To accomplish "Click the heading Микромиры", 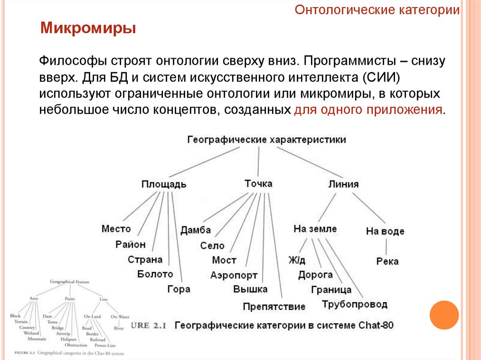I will pos(88,28).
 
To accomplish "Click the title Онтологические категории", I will pos(377,10).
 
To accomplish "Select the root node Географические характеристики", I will pos(267,140).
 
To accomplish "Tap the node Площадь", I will pos(164,184).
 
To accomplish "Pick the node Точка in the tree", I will pos(258,183).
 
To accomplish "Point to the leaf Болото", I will pos(155,274).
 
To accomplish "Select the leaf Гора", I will pos(178,289).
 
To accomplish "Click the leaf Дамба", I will pos(195,230).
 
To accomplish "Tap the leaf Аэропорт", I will pos(234,275).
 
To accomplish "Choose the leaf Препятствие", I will pos(274,306).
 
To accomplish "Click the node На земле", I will pos(315,229).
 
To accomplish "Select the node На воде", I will pos(385,231).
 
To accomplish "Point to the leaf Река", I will pos(387,261).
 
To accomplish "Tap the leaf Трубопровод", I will pos(355,305).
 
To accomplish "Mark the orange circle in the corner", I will pos(444,314).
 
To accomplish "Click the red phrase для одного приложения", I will pos(368,110).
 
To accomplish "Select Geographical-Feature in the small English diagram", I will pos(70,282).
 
